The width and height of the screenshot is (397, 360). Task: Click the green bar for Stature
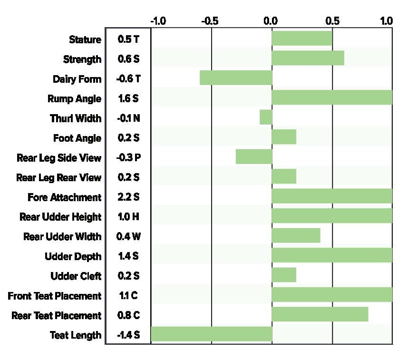click(302, 38)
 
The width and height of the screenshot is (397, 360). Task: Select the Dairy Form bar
click(236, 78)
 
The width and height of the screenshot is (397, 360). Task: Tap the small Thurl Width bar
click(266, 117)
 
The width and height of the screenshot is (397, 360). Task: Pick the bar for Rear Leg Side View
click(254, 156)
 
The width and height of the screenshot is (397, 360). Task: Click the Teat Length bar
click(212, 334)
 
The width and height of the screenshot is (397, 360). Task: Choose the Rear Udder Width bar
click(296, 235)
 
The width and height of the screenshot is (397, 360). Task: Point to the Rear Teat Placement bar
click(320, 314)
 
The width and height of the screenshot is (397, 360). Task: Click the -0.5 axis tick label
click(210, 21)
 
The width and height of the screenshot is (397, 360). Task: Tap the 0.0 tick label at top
click(271, 21)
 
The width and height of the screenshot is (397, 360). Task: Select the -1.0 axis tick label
click(158, 21)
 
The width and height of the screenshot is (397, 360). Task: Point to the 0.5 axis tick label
click(332, 21)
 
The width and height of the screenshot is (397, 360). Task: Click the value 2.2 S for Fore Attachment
click(128, 197)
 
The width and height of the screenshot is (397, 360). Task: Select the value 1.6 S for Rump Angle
click(128, 98)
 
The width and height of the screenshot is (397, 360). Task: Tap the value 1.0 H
click(128, 217)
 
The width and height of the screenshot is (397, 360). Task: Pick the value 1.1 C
click(128, 295)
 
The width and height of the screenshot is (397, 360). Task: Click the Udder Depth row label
click(73, 256)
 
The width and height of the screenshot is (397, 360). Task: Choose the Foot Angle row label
click(77, 138)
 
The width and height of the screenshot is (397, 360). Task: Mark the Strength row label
click(82, 59)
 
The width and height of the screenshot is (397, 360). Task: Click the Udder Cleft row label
click(76, 276)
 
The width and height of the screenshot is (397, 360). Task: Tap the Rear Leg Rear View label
click(59, 177)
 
